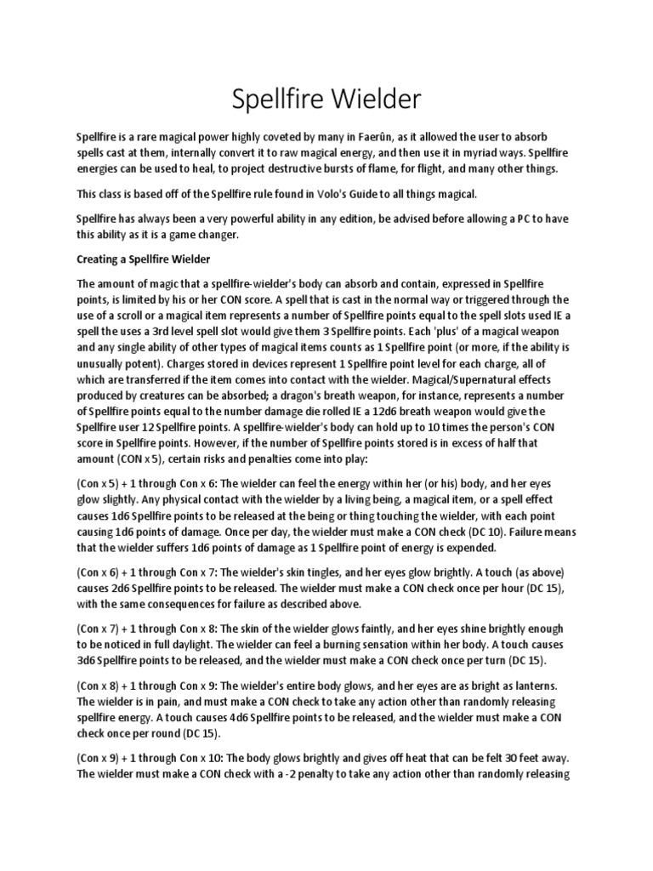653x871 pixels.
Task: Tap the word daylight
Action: point(221,645)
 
